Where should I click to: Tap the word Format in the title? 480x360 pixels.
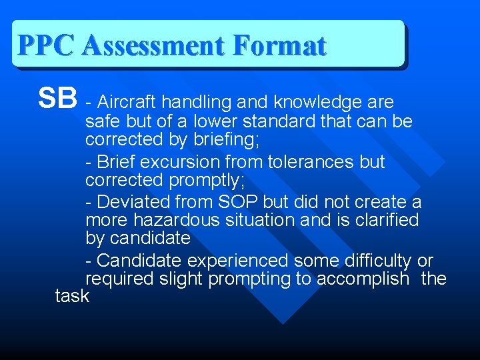(280, 46)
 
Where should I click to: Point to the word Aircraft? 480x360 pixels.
(127, 102)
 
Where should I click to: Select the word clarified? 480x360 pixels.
(381, 220)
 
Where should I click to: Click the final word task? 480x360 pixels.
(72, 296)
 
